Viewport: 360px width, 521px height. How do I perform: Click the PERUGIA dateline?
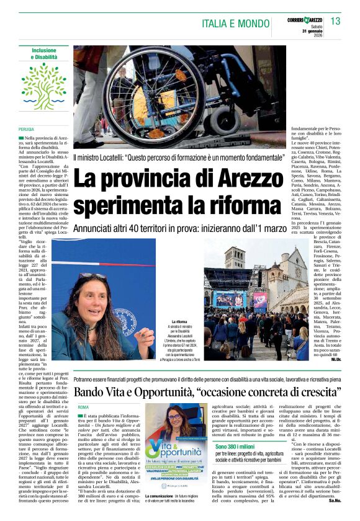click(27, 129)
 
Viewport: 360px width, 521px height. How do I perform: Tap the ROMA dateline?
click(84, 407)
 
